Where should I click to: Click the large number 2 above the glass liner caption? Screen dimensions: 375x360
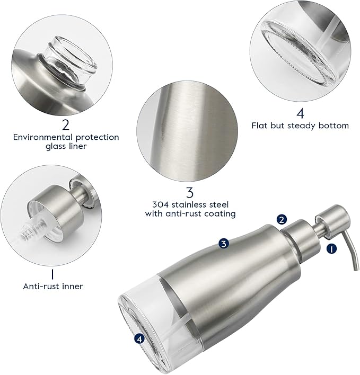coord(66,125)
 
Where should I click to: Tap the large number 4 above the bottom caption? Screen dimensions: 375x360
coord(300,113)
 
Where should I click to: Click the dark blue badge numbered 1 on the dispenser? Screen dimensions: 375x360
coord(332,247)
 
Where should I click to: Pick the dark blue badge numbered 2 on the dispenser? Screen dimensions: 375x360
coord(282,219)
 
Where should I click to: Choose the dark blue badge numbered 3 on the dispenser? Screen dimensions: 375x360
coord(224,244)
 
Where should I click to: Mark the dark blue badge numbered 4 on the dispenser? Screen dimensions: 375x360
coord(140,338)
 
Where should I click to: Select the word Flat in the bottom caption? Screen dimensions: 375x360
coord(260,126)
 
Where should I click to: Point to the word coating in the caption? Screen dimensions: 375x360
coord(219,213)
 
